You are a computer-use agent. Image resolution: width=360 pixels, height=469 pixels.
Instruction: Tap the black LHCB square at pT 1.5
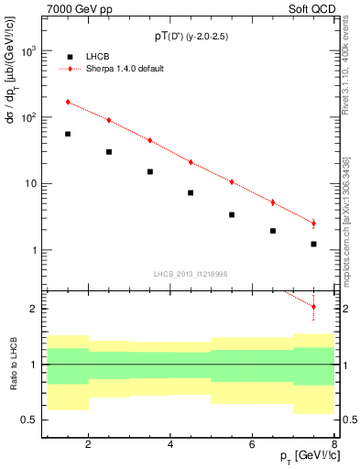click(68, 134)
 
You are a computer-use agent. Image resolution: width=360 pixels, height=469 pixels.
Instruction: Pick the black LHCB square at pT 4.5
click(191, 192)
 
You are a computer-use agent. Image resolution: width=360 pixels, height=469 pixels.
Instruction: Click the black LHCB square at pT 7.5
click(313, 244)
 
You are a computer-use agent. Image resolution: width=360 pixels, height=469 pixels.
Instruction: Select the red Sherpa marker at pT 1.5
click(68, 102)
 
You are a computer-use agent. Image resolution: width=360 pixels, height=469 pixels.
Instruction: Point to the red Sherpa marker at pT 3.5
click(149, 140)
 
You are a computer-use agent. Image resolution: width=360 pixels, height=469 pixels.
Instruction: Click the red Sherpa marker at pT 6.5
click(272, 202)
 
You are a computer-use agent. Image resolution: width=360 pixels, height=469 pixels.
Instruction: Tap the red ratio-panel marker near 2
click(313, 307)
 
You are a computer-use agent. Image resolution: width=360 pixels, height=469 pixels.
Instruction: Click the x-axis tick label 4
click(170, 445)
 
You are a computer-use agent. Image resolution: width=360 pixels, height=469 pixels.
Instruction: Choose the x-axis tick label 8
click(334, 445)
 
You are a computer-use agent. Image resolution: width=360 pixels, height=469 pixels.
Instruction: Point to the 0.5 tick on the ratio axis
click(32, 420)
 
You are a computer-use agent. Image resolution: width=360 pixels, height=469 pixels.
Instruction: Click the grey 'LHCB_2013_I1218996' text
click(191, 273)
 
